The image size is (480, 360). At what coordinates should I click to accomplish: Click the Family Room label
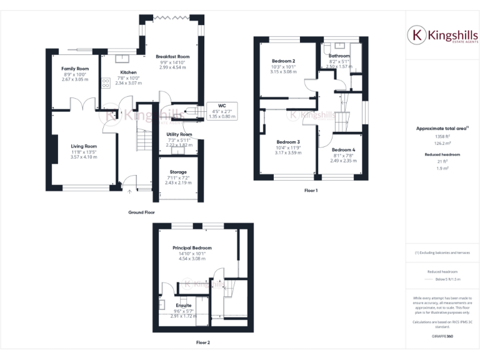coord(74,68)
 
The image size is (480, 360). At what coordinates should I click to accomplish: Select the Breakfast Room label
coord(172,57)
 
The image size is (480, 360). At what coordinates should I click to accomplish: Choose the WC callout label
coord(221,106)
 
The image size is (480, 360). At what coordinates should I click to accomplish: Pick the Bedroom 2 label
coord(283,61)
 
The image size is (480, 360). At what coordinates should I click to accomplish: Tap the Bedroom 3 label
coord(288,142)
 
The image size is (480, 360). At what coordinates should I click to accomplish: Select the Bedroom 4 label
coord(343,150)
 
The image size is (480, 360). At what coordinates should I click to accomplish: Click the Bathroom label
coord(339,56)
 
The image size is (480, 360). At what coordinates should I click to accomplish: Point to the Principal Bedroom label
coord(192,248)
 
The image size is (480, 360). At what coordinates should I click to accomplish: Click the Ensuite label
coord(183,306)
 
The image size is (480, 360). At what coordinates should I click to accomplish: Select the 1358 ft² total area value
coord(442,136)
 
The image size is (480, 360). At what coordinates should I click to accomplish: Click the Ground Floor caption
coord(141,212)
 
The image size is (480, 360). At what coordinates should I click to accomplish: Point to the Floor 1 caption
coord(311,190)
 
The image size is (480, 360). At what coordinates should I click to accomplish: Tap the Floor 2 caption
coord(203,342)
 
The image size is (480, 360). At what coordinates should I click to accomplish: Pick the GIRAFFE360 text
coord(442,336)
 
